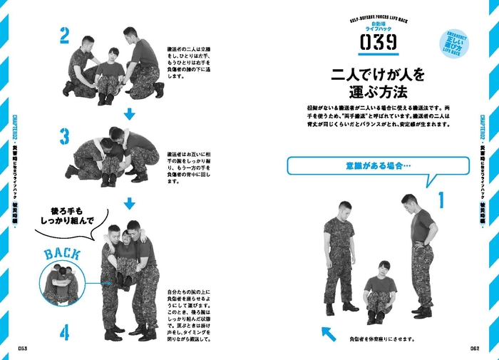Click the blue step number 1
440,200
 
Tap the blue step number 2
64,35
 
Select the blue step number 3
64,135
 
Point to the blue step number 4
64,332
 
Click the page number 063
24,349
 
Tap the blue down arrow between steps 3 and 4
129,205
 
